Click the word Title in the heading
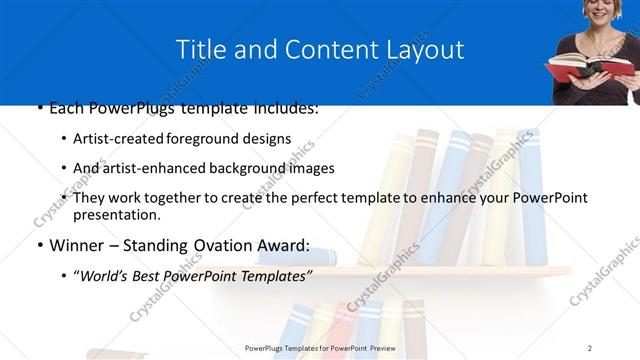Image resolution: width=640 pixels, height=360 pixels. (x=200, y=49)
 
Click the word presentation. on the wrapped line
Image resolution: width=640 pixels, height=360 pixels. (x=118, y=214)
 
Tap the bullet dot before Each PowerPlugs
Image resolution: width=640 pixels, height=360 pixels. (x=38, y=107)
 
